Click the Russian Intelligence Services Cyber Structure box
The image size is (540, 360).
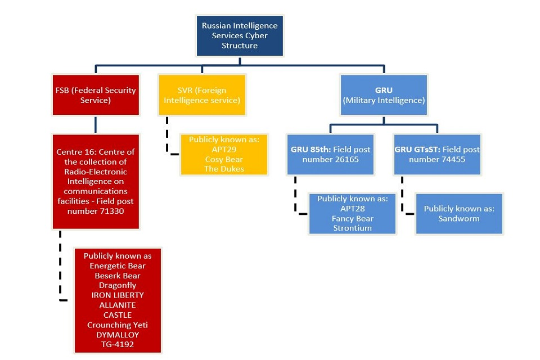click(x=240, y=35)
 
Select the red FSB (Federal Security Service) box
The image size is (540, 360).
click(x=96, y=95)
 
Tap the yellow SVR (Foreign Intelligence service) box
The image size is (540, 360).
click(x=202, y=95)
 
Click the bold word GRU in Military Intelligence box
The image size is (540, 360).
click(x=384, y=90)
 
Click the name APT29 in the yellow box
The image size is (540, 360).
click(x=224, y=150)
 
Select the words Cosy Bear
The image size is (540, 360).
click(x=224, y=160)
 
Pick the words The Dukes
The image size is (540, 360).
click(x=224, y=169)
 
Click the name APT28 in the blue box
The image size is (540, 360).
click(x=352, y=209)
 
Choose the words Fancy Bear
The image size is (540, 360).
click(x=352, y=219)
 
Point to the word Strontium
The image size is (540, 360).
click(x=352, y=228)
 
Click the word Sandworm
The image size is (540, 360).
click(x=459, y=219)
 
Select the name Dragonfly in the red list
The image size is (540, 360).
click(x=118, y=286)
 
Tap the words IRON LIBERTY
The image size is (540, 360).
click(x=118, y=295)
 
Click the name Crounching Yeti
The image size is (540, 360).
click(x=118, y=325)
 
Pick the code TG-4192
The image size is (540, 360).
click(x=118, y=344)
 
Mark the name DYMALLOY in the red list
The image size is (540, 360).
click(x=118, y=335)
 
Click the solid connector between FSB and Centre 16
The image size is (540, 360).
click(x=96, y=125)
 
